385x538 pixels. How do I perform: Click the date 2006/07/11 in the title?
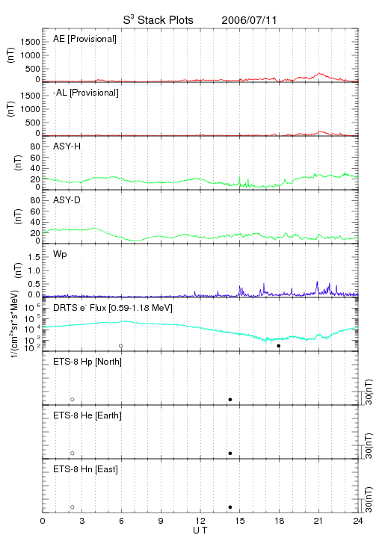249,20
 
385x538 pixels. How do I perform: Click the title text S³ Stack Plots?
158,20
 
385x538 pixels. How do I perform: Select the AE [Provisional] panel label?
84,39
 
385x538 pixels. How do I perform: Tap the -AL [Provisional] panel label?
86,93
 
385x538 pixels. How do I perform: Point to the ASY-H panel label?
67,146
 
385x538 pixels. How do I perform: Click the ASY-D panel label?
67,200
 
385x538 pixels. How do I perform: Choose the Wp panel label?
60,254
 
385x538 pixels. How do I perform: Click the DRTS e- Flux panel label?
113,308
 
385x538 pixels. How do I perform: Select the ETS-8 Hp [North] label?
87,362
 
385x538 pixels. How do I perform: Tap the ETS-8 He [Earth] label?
87,415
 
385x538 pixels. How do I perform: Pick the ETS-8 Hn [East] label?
85,469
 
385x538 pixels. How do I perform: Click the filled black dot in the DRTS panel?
279,346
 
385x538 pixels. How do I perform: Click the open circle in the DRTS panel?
121,346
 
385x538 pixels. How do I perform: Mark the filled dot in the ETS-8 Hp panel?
230,399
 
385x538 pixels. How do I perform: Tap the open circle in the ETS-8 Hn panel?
73,507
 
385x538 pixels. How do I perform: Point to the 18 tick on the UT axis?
280,521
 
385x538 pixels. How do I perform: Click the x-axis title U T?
200,531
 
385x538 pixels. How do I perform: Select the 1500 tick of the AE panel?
31,42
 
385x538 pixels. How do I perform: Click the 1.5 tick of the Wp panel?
34,257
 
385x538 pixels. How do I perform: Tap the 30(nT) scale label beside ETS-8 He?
369,445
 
